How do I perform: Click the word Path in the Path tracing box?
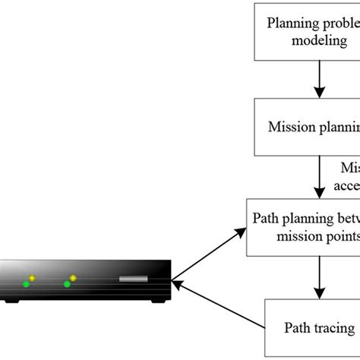(296, 328)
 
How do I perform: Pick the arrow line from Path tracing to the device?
(220, 307)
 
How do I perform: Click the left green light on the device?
(27, 284)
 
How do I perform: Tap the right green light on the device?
(68, 284)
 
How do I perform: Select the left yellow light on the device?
(33, 278)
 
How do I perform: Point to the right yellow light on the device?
(73, 278)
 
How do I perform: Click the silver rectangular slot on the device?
(133, 279)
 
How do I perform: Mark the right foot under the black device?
(157, 302)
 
